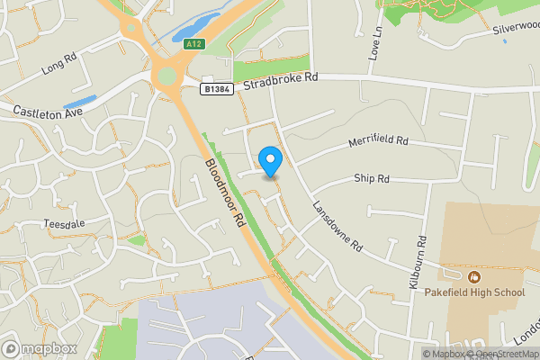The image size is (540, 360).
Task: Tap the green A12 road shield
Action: [x=193, y=44]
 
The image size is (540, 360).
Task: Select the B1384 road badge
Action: [x=216, y=89]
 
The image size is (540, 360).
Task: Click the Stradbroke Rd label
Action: [x=286, y=78]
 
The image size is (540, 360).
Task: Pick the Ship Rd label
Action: [x=371, y=179]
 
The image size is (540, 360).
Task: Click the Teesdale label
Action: [x=62, y=223]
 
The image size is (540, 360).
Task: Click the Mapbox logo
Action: [x=39, y=348]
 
